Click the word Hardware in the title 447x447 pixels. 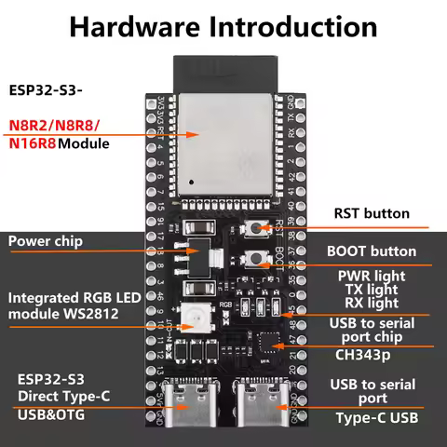135,27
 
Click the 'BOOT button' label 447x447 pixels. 372,251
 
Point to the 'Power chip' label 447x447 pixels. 46,241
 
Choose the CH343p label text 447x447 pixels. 366,354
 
